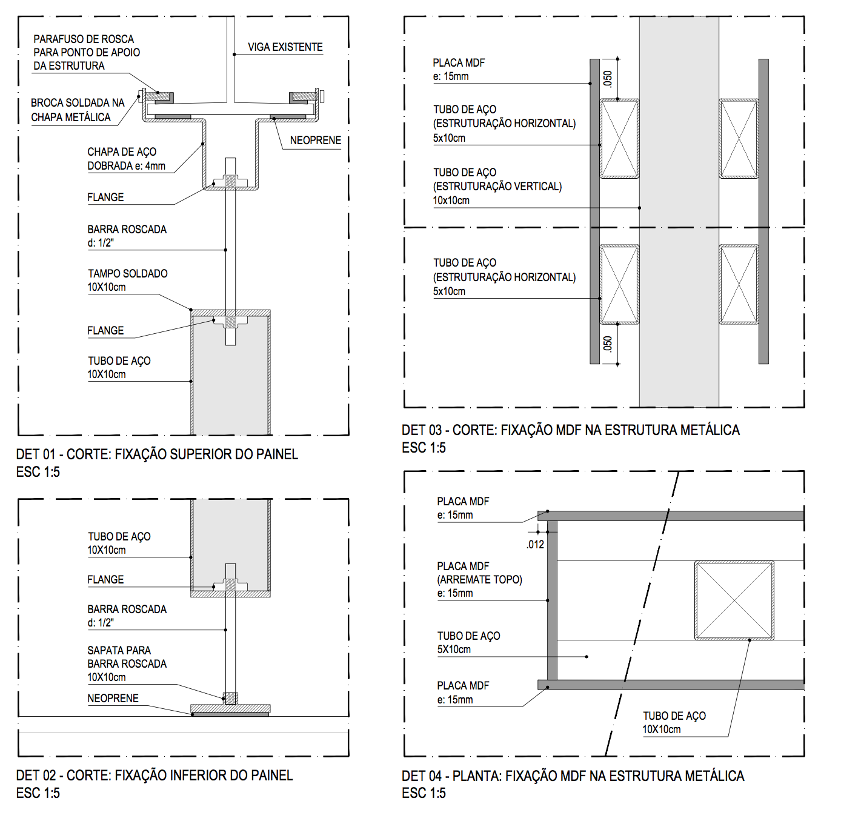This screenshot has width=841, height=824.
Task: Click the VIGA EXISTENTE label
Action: click(x=285, y=47)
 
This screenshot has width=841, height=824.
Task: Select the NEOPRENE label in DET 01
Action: click(x=315, y=141)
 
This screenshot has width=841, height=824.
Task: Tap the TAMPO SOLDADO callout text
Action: click(x=127, y=280)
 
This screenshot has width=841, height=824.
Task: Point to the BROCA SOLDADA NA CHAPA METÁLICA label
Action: click(x=77, y=110)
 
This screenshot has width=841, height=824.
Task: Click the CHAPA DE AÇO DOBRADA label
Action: click(x=125, y=159)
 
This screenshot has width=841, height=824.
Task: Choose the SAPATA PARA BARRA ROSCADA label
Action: click(x=127, y=663)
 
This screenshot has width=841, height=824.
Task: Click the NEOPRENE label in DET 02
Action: click(x=113, y=699)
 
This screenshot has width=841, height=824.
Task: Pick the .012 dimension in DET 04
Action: click(x=536, y=545)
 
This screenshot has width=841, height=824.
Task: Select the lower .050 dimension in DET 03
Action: click(x=608, y=344)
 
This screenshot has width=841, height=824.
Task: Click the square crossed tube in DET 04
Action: click(x=734, y=600)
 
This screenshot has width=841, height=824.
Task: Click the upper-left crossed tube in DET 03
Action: click(x=619, y=139)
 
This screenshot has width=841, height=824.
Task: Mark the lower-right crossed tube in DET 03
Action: click(x=739, y=284)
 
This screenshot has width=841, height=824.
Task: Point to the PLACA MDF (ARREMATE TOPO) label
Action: click(x=479, y=579)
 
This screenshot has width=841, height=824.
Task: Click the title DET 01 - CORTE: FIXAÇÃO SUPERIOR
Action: click(x=157, y=454)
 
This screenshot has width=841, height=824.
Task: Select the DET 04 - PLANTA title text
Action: click(x=573, y=776)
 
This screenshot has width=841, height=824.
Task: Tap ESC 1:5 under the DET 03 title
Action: click(x=424, y=448)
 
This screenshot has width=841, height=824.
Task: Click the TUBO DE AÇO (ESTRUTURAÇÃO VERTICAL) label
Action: click(x=497, y=186)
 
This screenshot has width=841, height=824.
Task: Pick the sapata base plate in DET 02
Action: click(x=230, y=708)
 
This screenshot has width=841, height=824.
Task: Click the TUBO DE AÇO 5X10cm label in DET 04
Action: click(x=468, y=642)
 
